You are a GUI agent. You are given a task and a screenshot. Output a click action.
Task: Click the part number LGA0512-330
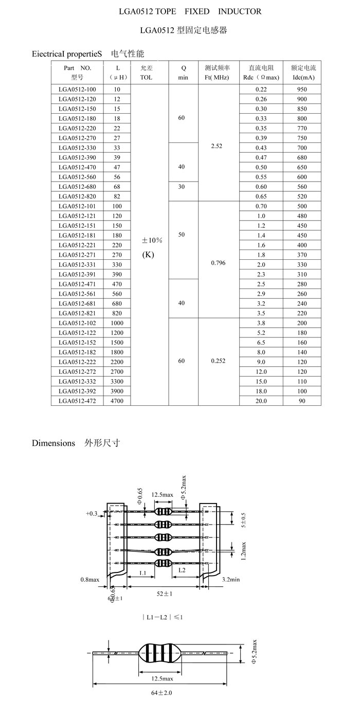tap(77, 148)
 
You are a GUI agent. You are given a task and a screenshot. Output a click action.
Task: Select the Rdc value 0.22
tap(261, 89)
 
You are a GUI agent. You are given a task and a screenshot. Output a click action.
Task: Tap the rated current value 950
tap(302, 89)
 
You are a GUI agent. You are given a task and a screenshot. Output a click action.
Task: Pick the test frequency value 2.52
tap(217, 146)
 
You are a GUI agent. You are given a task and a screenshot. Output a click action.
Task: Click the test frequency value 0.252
tap(218, 361)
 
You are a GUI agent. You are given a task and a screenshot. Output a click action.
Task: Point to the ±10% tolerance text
tap(152, 240)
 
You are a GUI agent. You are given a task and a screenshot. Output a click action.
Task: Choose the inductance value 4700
tap(117, 401)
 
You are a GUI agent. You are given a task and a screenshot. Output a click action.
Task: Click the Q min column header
tap(183, 73)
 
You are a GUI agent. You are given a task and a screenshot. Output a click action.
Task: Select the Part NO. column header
tap(77, 73)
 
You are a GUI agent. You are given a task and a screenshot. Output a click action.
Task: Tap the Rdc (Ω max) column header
tap(261, 73)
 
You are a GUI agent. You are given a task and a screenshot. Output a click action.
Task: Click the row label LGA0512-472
tap(77, 401)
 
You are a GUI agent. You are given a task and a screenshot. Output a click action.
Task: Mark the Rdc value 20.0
tap(261, 401)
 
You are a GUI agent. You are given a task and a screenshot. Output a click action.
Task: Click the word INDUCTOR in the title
tap(240, 11)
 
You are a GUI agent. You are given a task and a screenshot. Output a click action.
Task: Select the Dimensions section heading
tap(53, 443)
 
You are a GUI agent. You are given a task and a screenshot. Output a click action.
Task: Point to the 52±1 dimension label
tap(165, 594)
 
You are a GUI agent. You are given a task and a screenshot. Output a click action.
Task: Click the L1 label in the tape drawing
tap(143, 573)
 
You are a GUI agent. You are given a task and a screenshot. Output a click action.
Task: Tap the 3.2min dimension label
tap(231, 580)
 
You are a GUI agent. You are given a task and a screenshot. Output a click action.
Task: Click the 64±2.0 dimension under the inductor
tap(161, 693)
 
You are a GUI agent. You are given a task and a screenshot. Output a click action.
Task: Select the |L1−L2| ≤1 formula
tap(163, 617)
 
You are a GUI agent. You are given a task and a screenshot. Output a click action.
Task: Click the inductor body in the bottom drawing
tap(160, 653)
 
